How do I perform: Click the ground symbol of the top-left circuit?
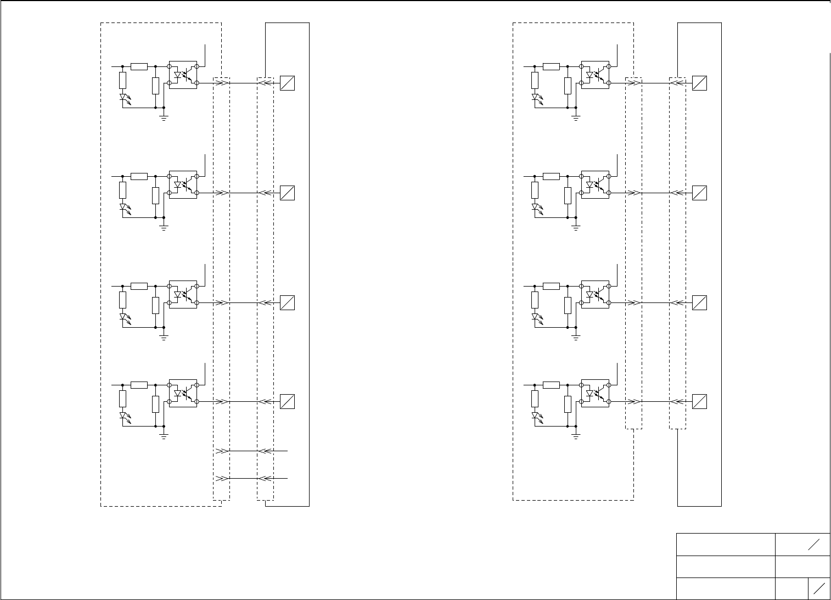[164, 117]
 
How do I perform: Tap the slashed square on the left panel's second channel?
[288, 193]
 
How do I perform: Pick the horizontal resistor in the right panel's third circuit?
[551, 286]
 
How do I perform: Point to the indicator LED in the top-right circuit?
[535, 98]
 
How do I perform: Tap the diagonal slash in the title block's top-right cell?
[813, 544]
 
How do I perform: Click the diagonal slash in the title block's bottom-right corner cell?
[819, 588]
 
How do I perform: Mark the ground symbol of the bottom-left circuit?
[164, 436]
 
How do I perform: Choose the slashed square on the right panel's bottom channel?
[699, 401]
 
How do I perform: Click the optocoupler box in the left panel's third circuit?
[183, 294]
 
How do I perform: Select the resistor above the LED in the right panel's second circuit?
[535, 190]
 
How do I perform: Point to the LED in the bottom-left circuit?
[123, 417]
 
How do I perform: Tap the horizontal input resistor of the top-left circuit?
[139, 66]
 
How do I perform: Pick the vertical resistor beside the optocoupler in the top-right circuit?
[568, 86]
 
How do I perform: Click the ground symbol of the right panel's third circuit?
[576, 337]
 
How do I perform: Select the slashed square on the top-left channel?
[288, 83]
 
